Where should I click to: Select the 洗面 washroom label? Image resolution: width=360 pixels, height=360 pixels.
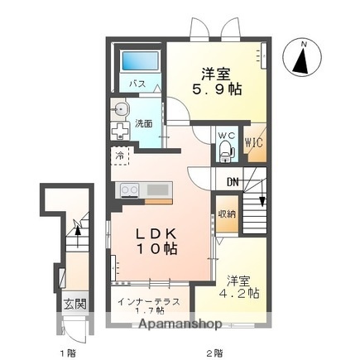pos(144,123)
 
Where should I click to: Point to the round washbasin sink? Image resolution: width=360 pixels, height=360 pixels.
pos(121,109)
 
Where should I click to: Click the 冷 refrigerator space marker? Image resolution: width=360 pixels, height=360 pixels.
pos(120,154)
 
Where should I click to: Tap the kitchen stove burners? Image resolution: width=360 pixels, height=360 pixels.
pos(130,190)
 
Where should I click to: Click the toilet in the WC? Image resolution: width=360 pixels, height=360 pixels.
pos(225,150)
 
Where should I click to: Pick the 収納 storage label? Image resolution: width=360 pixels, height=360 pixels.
pos(226,214)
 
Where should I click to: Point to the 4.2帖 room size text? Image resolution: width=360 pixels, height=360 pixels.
pos(240,292)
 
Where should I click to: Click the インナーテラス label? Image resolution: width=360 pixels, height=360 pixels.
pos(150,301)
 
